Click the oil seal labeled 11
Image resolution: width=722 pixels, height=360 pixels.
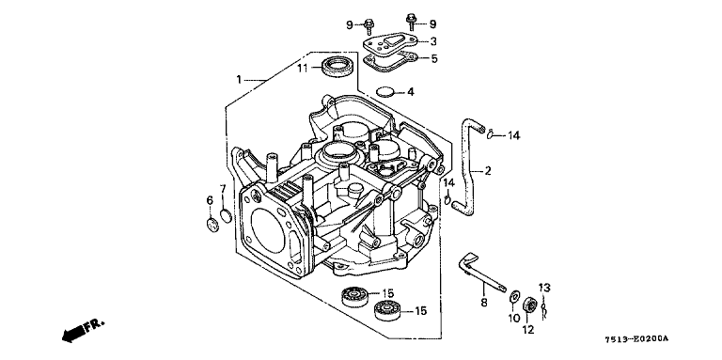coord(337,67)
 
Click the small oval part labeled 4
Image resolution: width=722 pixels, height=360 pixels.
coord(385,91)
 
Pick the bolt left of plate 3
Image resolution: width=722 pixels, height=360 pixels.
coord(369,26)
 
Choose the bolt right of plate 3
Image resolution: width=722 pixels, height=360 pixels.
coord(411,23)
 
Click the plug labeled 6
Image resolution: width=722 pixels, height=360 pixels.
coord(212,225)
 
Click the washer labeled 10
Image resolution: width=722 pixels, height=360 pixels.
coord(514,298)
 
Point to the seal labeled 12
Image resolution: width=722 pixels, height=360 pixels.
coord(530,305)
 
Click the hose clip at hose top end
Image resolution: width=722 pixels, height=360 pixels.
coord(492,134)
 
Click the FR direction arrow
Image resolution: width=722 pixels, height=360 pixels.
coord(83,330)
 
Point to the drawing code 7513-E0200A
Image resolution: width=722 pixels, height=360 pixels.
coord(638,339)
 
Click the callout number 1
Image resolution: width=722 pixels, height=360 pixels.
coord(239,80)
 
